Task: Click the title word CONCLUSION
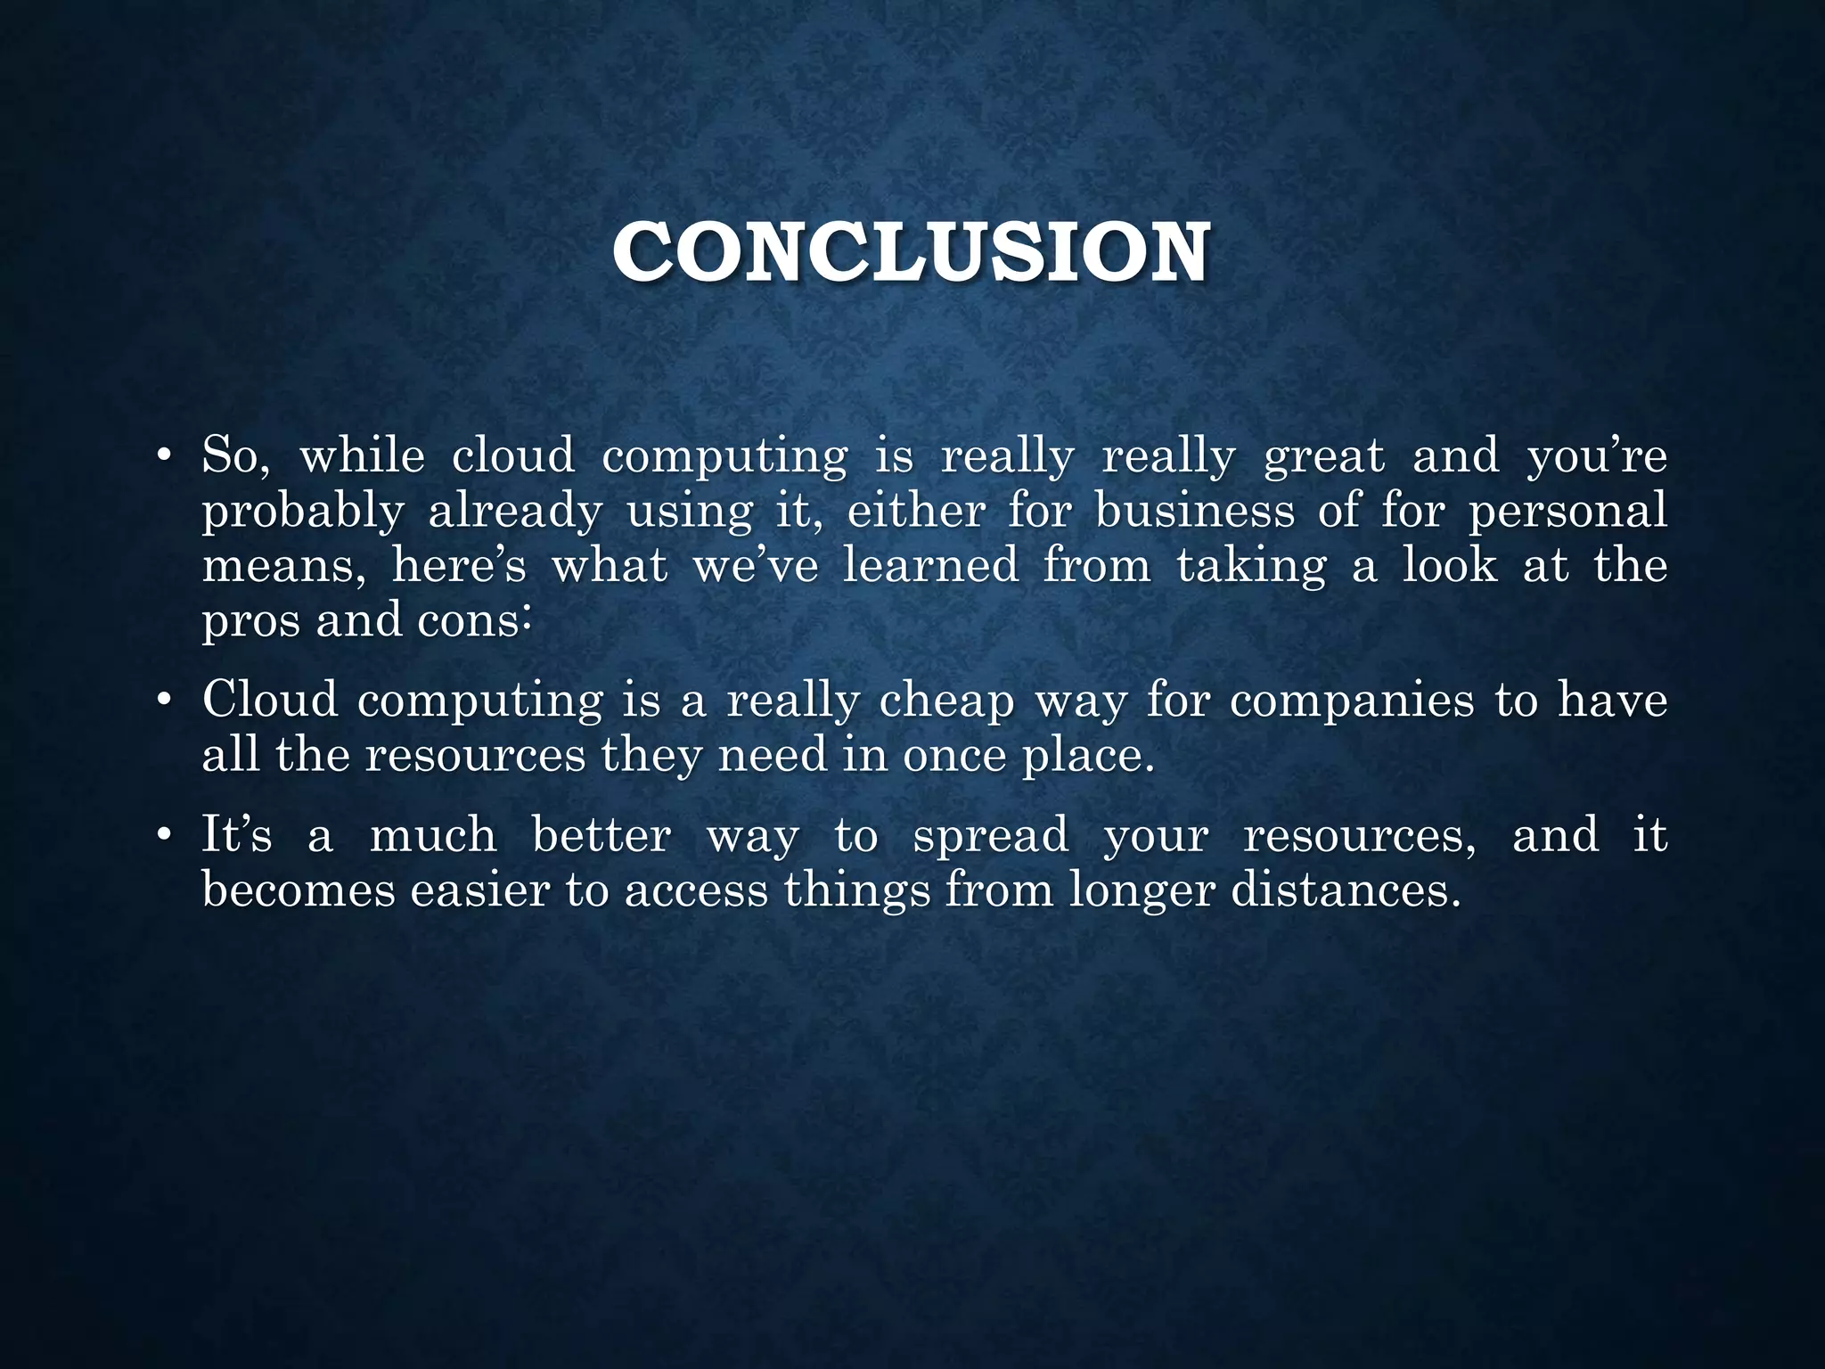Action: click(x=911, y=254)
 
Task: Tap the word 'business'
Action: click(x=1194, y=512)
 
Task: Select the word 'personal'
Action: click(x=1567, y=512)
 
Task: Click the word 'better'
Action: click(x=602, y=836)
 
